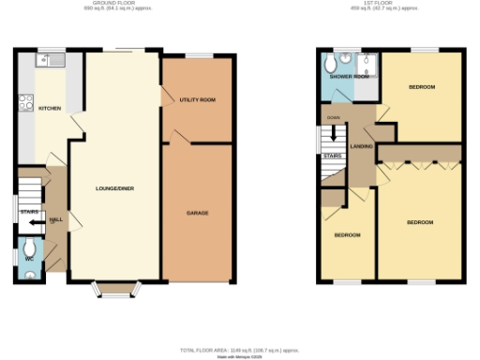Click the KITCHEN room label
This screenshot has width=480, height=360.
50,109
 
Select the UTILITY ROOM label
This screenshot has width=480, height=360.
197,99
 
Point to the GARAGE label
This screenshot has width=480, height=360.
197,213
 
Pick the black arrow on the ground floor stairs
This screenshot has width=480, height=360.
34,224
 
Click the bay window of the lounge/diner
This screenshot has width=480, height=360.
117,290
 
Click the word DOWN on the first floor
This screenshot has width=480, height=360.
333,117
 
